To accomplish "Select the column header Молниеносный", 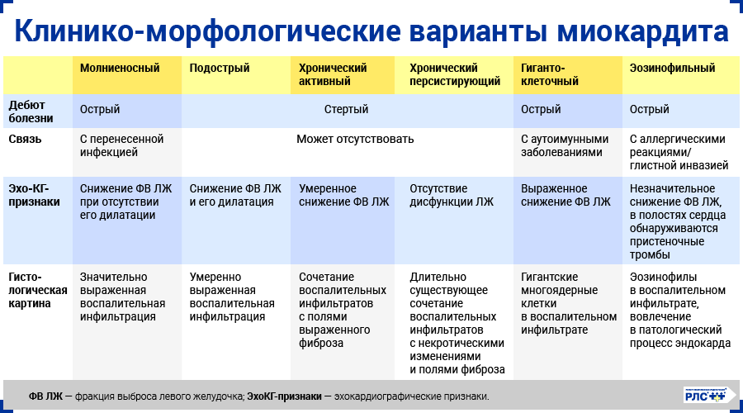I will coord(120,69).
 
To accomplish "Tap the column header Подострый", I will coord(220,69).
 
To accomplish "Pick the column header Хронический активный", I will coord(333,75).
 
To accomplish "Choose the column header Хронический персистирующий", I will coord(455,75).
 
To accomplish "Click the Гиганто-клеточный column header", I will coord(550,75).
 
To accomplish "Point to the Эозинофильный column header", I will coord(672,69).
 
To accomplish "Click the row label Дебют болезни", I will coord(32,111).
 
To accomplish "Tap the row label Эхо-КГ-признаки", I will coord(34,195).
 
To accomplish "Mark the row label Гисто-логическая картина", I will coord(37,290).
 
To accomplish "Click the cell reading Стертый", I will coord(346,110).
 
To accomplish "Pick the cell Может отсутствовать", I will coord(355,140).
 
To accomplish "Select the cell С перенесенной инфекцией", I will coord(122,145).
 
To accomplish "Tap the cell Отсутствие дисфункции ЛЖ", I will coord(450,195).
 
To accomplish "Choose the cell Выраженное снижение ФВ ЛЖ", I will coord(566,195).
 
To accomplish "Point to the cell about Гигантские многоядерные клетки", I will coord(569,303).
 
